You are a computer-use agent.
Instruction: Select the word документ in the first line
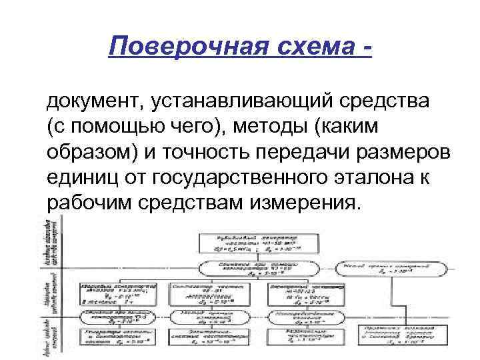point(91,103)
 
